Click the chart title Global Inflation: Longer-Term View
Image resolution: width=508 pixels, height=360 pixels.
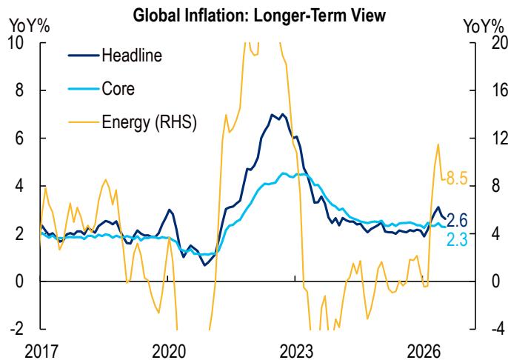point(259,16)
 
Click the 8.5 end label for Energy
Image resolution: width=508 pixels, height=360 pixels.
point(457,178)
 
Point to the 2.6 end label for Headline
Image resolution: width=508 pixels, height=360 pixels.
point(457,221)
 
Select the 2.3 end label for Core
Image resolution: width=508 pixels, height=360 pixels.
point(457,240)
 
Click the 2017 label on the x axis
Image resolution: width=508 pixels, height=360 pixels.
point(41,352)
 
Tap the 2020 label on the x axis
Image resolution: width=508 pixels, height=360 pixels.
point(169,352)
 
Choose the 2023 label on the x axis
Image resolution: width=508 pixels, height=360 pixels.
point(296,352)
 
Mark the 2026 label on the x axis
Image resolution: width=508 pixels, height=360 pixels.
point(424,352)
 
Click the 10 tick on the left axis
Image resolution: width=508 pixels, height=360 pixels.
point(16,42)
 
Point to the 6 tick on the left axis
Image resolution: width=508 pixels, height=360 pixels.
point(20,138)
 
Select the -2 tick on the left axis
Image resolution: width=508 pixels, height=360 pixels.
point(17,329)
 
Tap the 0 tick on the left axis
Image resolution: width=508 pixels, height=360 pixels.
point(20,281)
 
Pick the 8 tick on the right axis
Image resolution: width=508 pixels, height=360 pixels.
point(496,186)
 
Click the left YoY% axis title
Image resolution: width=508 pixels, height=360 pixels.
point(30,26)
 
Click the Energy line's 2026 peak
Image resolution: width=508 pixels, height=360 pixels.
point(438,144)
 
